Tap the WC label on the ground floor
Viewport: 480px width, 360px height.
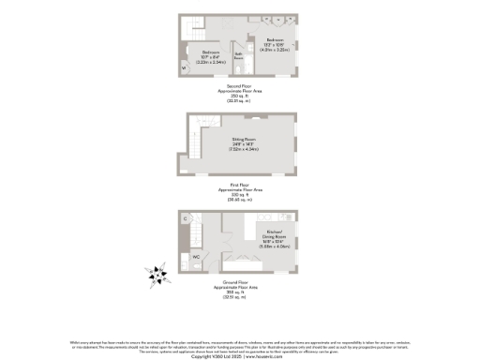click(x=197, y=256)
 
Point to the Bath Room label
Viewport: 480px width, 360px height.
click(x=239, y=55)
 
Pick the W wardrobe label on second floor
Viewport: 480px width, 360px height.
click(x=185, y=67)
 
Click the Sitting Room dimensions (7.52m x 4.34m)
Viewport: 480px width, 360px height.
click(x=244, y=148)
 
